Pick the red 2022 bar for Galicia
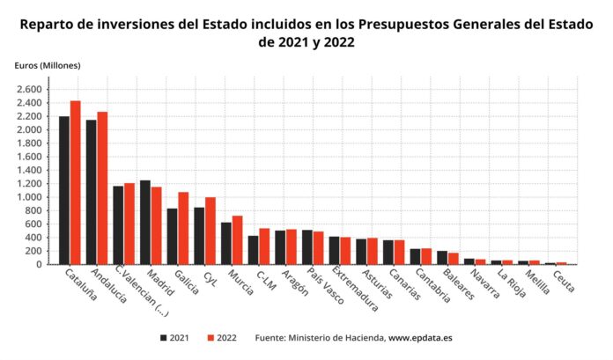183,228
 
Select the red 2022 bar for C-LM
264,246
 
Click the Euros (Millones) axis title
47,66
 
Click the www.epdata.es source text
420,337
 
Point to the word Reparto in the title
48,24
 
